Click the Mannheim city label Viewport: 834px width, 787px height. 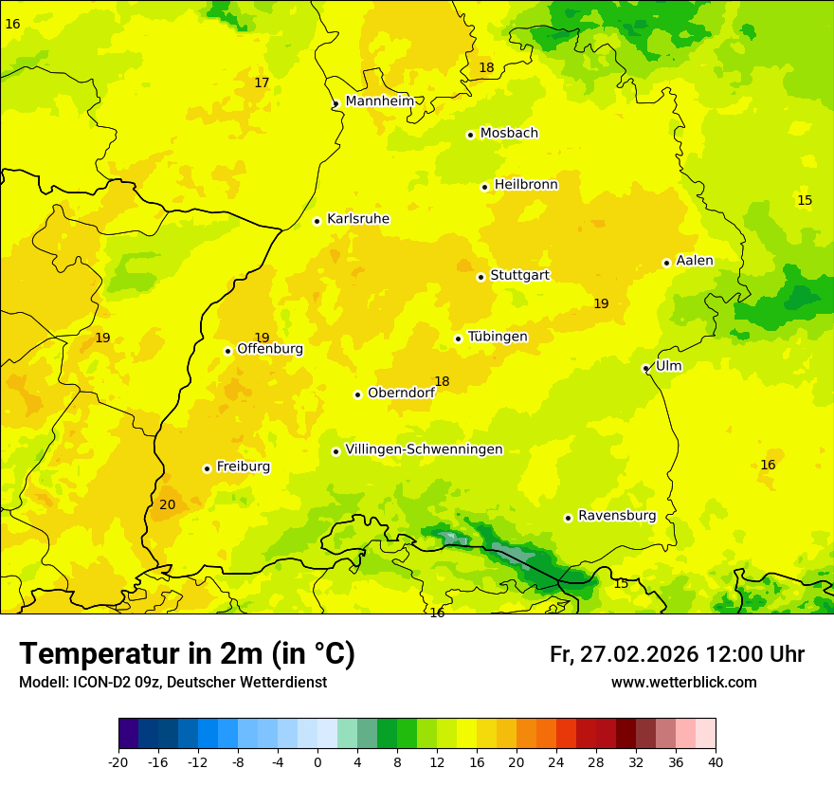pyautogui.click(x=379, y=101)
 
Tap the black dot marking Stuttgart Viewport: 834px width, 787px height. pyautogui.click(x=480, y=277)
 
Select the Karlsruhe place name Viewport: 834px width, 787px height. pyautogui.click(x=357, y=219)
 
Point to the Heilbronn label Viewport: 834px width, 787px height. pyautogui.click(x=526, y=185)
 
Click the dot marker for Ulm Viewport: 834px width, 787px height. pyautogui.click(x=645, y=368)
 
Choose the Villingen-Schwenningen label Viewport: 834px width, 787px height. pyautogui.click(x=424, y=449)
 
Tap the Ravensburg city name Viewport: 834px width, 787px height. pyautogui.click(x=617, y=516)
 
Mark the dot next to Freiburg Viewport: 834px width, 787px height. pyautogui.click(x=207, y=468)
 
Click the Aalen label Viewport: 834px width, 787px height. pyautogui.click(x=695, y=261)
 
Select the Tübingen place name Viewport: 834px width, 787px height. pyautogui.click(x=498, y=337)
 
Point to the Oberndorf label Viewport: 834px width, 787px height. pyautogui.click(x=401, y=393)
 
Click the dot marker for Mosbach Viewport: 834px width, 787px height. pyautogui.click(x=470, y=135)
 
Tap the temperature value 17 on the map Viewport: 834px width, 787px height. pyautogui.click(x=262, y=83)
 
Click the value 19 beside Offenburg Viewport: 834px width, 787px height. pyautogui.click(x=262, y=338)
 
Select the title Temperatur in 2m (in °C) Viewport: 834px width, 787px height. pyautogui.click(x=187, y=654)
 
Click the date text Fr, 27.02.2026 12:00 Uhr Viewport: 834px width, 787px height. pyautogui.click(x=677, y=654)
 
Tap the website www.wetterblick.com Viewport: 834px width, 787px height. pyautogui.click(x=683, y=683)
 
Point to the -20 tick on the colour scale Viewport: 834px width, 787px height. pyautogui.click(x=118, y=761)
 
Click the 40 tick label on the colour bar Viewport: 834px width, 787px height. pyautogui.click(x=715, y=761)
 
